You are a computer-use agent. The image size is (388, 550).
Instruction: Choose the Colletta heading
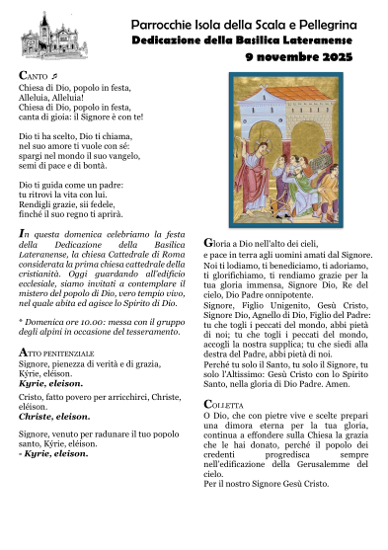pyautogui.click(x=222, y=405)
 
